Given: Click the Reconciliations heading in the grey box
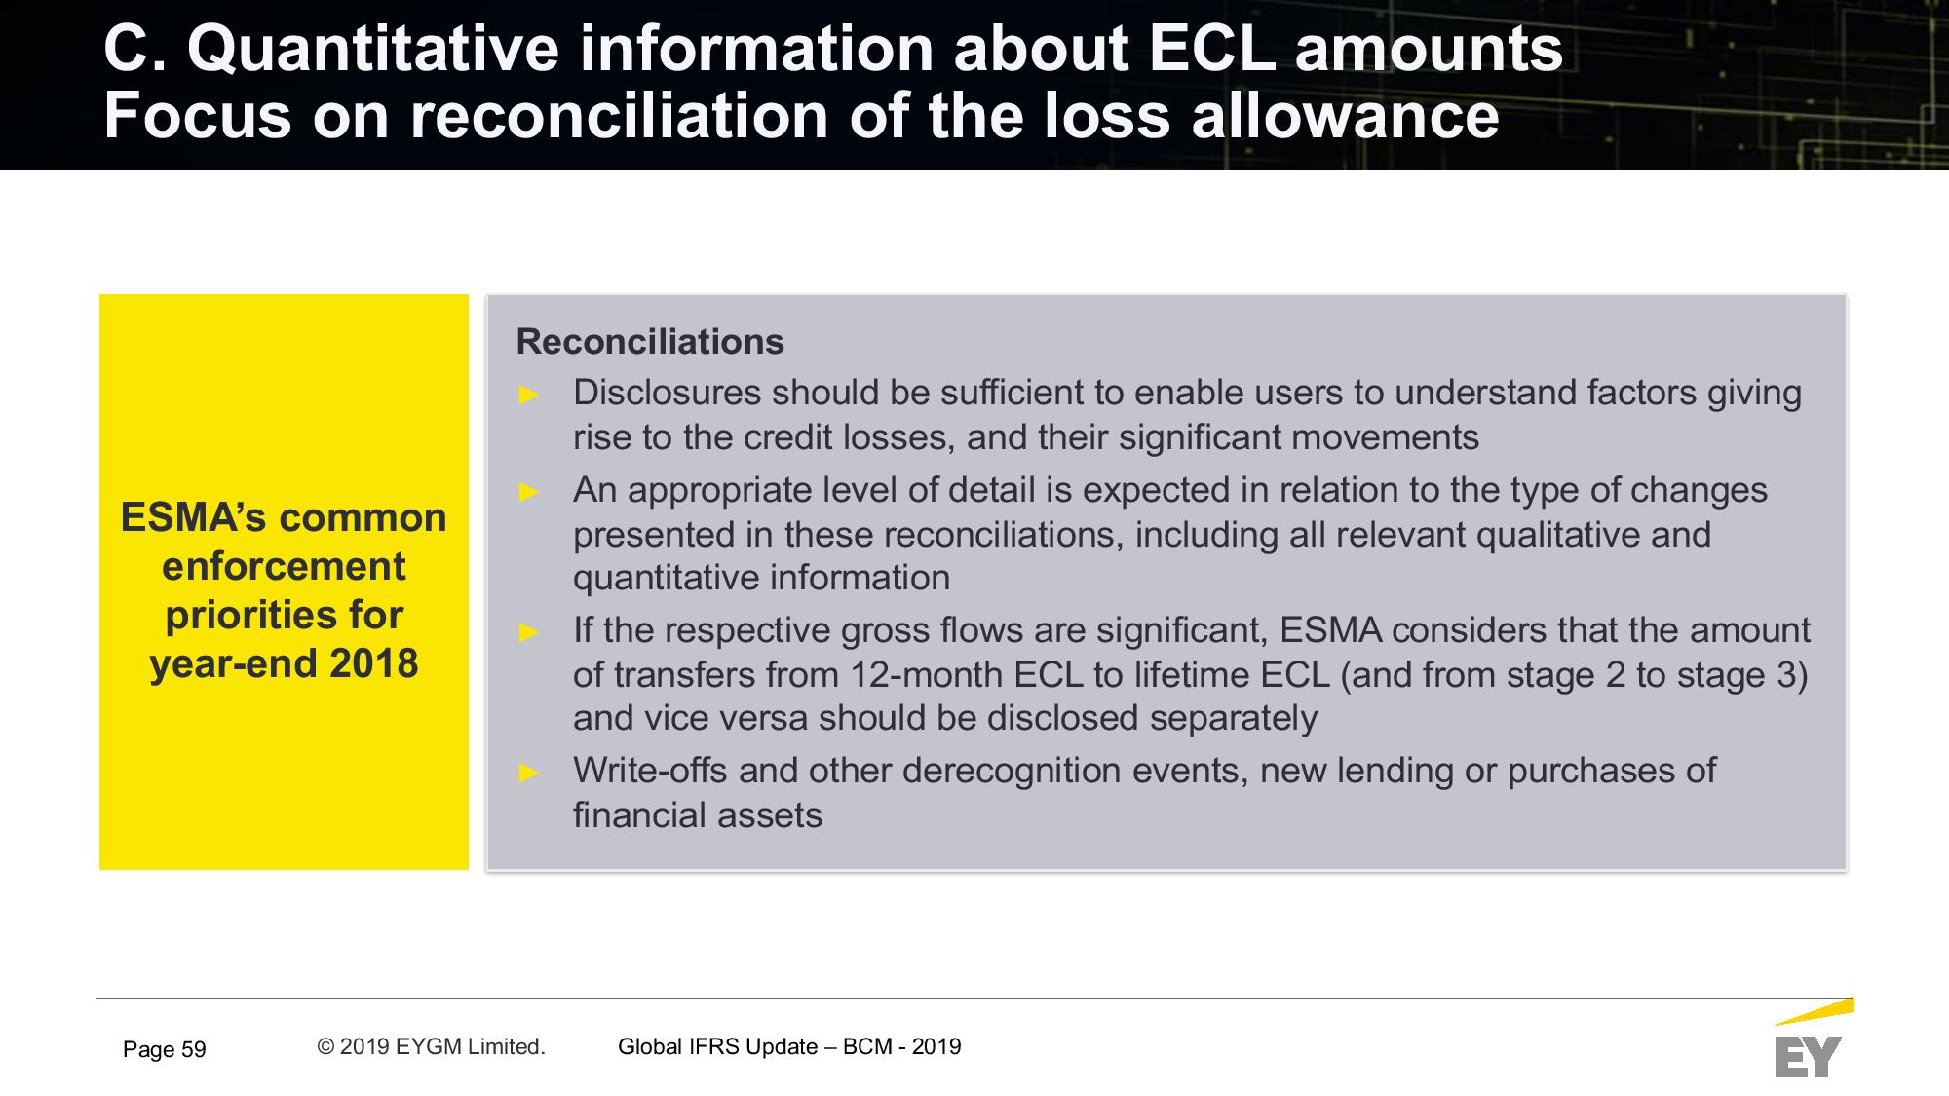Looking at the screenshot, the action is point(649,342).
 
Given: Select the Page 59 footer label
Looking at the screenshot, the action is point(165,1049).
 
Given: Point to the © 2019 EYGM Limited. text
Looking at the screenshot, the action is point(431,1046).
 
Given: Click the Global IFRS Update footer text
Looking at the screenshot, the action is point(789,1046).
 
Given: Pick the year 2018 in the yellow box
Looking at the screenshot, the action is point(374,663).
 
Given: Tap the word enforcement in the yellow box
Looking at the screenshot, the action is point(284,566).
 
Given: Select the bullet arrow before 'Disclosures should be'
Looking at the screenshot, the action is point(529,395).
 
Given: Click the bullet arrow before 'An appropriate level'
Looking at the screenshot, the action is point(529,492).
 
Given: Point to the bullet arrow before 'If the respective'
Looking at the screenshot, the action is point(529,632).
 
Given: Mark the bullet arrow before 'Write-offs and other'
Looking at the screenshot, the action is point(529,773).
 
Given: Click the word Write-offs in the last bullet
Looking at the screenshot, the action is point(650,771).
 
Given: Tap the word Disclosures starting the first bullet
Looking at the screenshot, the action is point(668,393).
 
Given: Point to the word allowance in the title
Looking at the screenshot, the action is point(1345,116).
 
